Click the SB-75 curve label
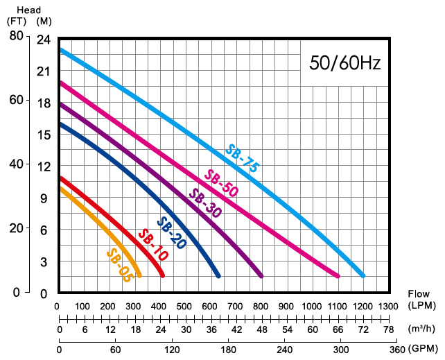242,158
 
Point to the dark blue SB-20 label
171,233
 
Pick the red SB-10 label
152,245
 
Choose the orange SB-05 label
119,264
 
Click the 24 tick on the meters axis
44,40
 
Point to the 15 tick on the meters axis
44,135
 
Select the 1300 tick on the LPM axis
387,306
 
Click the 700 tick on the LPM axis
235,306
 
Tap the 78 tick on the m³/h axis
387,329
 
